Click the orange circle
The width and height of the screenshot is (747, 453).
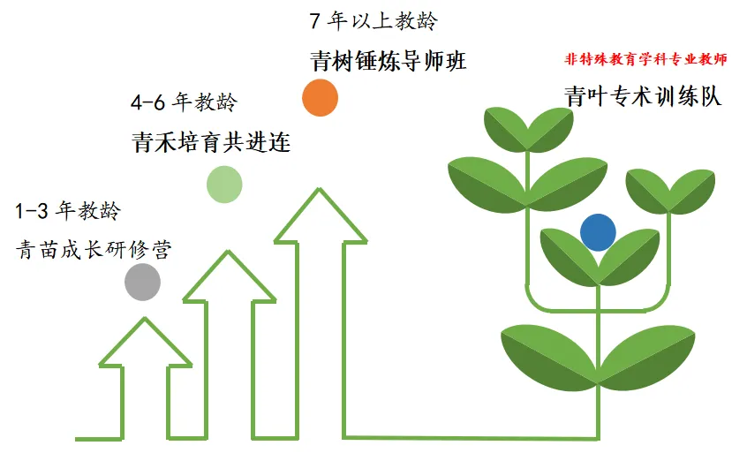click(320, 98)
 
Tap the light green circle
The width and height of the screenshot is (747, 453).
click(224, 184)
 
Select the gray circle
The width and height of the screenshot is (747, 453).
click(142, 282)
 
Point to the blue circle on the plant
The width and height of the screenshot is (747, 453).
click(598, 232)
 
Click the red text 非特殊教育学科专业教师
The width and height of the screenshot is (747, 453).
click(645, 60)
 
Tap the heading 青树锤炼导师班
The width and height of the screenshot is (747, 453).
click(389, 61)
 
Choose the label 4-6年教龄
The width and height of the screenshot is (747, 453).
click(184, 102)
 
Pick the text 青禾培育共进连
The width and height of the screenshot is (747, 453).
click(211, 142)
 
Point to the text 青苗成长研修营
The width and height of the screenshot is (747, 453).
click(94, 250)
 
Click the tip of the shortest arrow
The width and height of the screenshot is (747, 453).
click(145, 318)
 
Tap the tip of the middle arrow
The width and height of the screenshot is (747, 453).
click(232, 251)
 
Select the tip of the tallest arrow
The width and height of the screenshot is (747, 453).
click(319, 188)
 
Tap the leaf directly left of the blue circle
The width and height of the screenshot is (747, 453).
click(565, 252)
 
